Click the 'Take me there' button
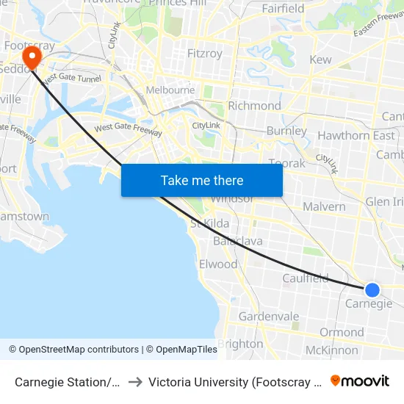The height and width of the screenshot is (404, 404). pyautogui.click(x=201, y=181)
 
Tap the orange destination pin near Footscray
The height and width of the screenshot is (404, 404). pyautogui.click(x=32, y=57)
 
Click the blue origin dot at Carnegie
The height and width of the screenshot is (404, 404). pyautogui.click(x=372, y=290)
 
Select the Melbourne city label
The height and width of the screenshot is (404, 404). pyautogui.click(x=170, y=90)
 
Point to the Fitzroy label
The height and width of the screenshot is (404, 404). pyautogui.click(x=204, y=54)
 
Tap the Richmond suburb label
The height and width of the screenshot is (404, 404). pyautogui.click(x=254, y=106)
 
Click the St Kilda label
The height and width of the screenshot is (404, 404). pyautogui.click(x=210, y=223)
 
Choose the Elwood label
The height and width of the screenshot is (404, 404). pyautogui.click(x=218, y=264)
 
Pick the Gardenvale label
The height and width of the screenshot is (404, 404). pyautogui.click(x=269, y=317)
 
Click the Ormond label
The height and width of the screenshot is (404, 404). pyautogui.click(x=342, y=333)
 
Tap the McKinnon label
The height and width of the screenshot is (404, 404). pyautogui.click(x=331, y=350)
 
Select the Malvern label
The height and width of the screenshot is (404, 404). pyautogui.click(x=324, y=206)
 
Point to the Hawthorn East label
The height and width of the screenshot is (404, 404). pyautogui.click(x=356, y=135)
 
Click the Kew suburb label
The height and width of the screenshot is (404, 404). pyautogui.click(x=321, y=59)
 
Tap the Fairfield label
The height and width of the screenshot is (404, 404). pyautogui.click(x=283, y=9)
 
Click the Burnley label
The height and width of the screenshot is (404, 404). pyautogui.click(x=286, y=131)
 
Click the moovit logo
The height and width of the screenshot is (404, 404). pyautogui.click(x=360, y=380)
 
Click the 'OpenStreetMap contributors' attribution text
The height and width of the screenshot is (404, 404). pyautogui.click(x=79, y=350)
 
